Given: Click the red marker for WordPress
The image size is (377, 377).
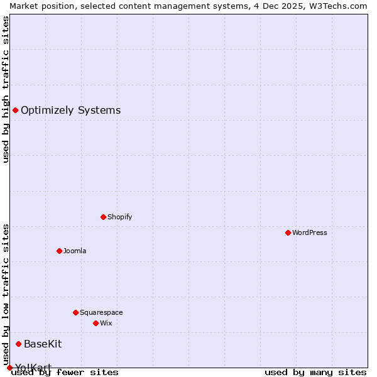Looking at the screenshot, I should [288, 232].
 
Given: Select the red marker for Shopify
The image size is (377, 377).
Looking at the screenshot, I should [103, 217].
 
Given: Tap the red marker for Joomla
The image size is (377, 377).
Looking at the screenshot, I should [59, 251].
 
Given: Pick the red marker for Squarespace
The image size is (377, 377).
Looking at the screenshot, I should [75, 312].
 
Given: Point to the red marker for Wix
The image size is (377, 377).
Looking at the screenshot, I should [96, 323].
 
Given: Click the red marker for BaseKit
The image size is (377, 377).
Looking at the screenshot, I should [18, 344].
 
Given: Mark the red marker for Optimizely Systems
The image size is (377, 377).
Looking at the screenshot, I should [15, 110].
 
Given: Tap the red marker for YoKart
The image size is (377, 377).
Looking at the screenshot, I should [9, 368].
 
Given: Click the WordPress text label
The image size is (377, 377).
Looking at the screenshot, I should [310, 232].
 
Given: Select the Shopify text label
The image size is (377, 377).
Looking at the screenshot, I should [119, 217].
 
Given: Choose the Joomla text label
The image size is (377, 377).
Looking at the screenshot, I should [75, 251].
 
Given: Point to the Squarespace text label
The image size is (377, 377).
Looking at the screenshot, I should [101, 312].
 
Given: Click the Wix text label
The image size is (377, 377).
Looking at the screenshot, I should [106, 323].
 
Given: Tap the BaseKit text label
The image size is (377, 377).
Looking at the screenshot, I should [43, 344].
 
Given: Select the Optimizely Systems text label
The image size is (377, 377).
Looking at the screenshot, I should [70, 110].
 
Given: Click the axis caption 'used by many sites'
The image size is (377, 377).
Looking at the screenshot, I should [315, 372].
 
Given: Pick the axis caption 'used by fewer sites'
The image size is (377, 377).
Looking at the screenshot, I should [65, 372].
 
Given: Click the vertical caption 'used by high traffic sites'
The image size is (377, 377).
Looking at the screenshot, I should [6, 89].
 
